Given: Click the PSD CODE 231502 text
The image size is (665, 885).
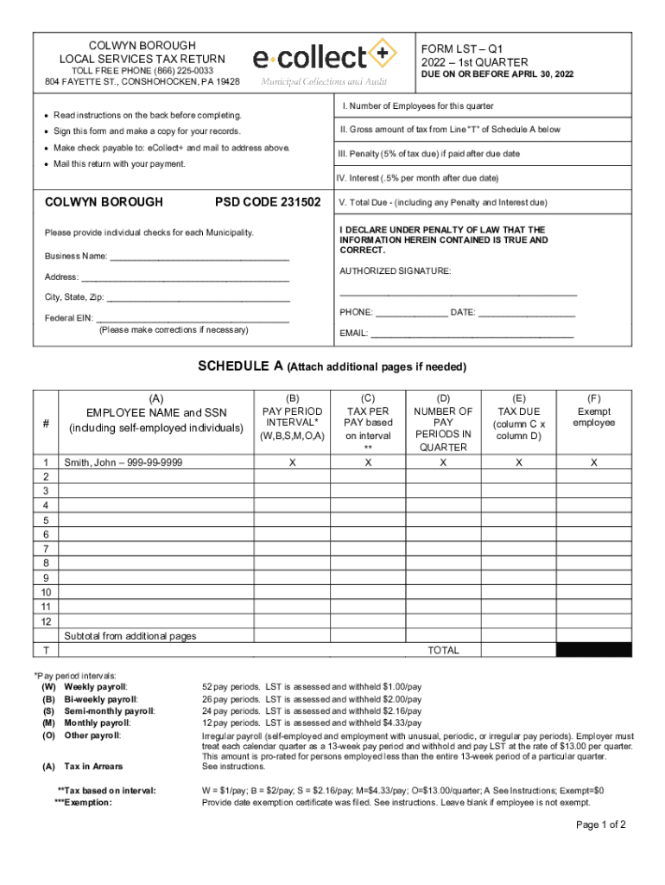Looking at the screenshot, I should click(x=268, y=202).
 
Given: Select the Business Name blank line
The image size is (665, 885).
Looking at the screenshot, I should click(x=199, y=258).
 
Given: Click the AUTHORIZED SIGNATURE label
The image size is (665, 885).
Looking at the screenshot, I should click(x=395, y=271).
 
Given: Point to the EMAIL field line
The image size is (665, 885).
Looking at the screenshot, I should click(x=472, y=334).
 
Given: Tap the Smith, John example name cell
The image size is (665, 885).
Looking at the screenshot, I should click(x=123, y=463).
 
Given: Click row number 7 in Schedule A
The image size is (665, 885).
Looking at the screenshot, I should click(x=45, y=549).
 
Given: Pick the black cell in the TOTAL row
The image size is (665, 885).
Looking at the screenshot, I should click(x=593, y=650).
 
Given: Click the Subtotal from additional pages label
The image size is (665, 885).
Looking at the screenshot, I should click(x=130, y=636).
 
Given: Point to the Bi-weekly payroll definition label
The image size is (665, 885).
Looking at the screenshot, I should click(x=100, y=699).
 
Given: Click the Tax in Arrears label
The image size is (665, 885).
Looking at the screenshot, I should click(x=93, y=767).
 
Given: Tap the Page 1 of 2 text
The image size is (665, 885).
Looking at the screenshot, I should click(x=601, y=825).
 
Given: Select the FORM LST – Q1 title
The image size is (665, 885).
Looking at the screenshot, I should click(x=462, y=48).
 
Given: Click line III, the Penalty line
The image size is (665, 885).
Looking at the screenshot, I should click(x=429, y=154).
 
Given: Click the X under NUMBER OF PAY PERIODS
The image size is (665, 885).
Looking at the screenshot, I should click(x=443, y=463).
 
